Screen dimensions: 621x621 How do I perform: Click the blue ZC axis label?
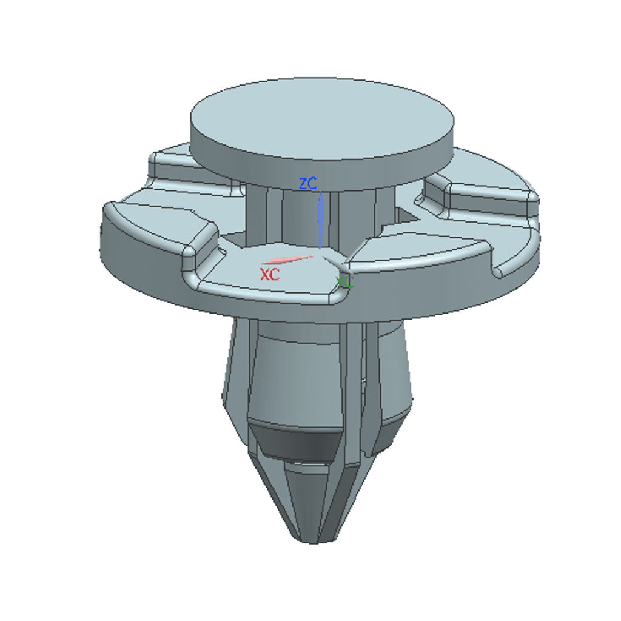tap(307, 183)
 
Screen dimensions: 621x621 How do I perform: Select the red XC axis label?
tap(270, 274)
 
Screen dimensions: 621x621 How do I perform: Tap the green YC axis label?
tap(344, 283)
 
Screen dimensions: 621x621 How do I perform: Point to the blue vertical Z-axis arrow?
tap(320, 220)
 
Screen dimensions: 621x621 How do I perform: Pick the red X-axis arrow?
tap(287, 260)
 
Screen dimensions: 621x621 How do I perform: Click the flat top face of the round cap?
tap(322, 119)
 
